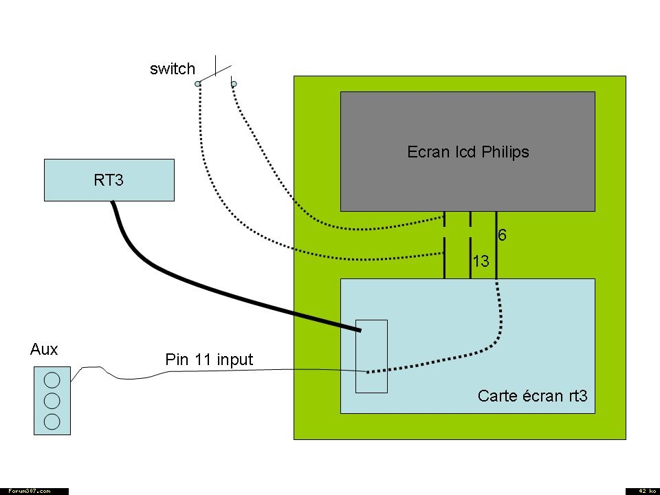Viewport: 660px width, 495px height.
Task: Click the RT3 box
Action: pyautogui.click(x=109, y=180)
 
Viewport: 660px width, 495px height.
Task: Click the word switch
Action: pyautogui.click(x=172, y=69)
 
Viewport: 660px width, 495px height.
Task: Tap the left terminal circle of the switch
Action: pyautogui.click(x=197, y=84)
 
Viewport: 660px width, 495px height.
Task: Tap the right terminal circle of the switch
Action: pyautogui.click(x=234, y=84)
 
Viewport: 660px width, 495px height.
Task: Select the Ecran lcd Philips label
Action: pyautogui.click(x=468, y=152)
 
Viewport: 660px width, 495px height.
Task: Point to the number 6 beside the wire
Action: pyautogui.click(x=503, y=236)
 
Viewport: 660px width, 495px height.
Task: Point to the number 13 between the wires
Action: pyautogui.click(x=481, y=261)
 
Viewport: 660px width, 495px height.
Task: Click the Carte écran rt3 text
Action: pyautogui.click(x=533, y=396)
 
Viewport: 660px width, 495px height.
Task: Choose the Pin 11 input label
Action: pyautogui.click(x=209, y=359)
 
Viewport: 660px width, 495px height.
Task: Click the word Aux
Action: pyautogui.click(x=44, y=349)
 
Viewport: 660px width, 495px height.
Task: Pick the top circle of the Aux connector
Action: pyautogui.click(x=52, y=379)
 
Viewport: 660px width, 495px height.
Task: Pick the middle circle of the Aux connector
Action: pyautogui.click(x=52, y=400)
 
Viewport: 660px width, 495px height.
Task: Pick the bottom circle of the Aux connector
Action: pyautogui.click(x=52, y=421)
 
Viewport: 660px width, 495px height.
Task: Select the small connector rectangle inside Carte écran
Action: pyautogui.click(x=371, y=356)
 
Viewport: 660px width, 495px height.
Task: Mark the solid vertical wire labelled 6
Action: pyautogui.click(x=496, y=254)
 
